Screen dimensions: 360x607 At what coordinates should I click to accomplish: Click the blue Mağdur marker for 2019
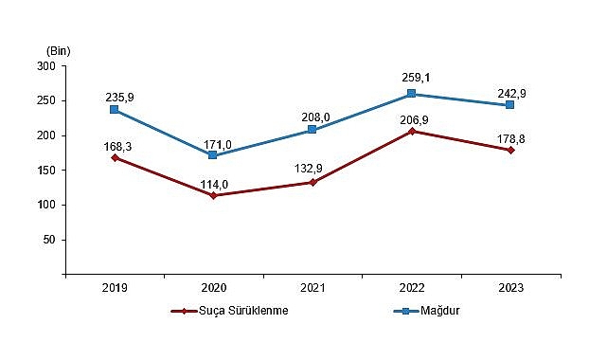point(115,110)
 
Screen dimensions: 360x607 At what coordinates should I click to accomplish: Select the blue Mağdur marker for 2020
point(213,155)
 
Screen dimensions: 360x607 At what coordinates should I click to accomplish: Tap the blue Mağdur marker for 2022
point(411,94)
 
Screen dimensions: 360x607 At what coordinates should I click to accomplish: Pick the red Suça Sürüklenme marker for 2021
point(312,182)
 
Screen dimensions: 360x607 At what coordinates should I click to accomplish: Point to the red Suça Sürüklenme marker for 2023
point(510,150)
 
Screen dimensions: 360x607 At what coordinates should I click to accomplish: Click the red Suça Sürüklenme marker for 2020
point(213,195)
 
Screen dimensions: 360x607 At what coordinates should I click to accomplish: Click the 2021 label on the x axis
point(312,287)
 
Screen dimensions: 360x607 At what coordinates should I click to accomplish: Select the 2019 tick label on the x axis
point(115,287)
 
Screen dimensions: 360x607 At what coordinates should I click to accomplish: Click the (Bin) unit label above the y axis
point(57,49)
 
